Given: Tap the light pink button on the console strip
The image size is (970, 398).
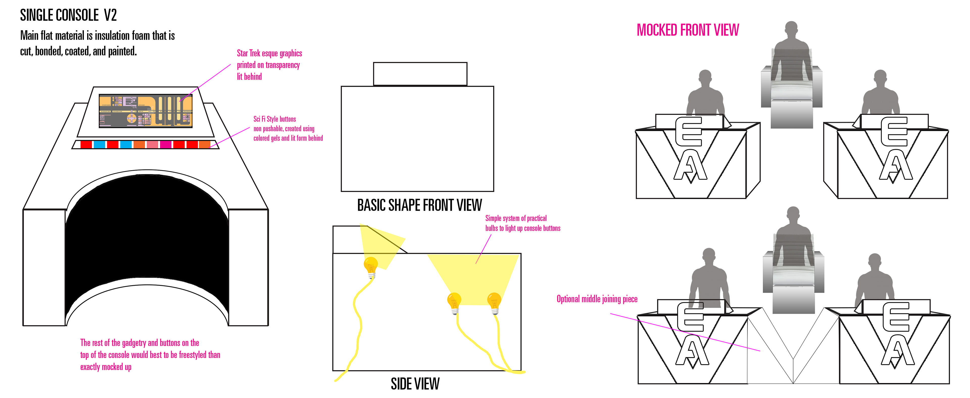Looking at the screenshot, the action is [x=152, y=144].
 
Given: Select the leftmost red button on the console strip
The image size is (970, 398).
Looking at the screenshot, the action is [x=86, y=144].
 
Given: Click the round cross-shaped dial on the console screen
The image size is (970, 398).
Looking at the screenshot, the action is [x=131, y=119].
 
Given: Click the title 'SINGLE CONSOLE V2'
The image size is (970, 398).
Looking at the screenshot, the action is [x=68, y=15].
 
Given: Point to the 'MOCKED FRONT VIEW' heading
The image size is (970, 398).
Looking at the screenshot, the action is [x=688, y=30].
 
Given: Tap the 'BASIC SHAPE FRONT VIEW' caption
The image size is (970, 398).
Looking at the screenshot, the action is [x=419, y=205].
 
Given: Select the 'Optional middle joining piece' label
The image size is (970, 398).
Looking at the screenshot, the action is [x=597, y=299].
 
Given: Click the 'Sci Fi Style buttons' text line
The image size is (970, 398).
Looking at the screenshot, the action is [x=275, y=119].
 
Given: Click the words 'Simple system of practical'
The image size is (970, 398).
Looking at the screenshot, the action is [x=516, y=218].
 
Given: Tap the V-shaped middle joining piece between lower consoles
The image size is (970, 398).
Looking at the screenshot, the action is [x=793, y=350].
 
